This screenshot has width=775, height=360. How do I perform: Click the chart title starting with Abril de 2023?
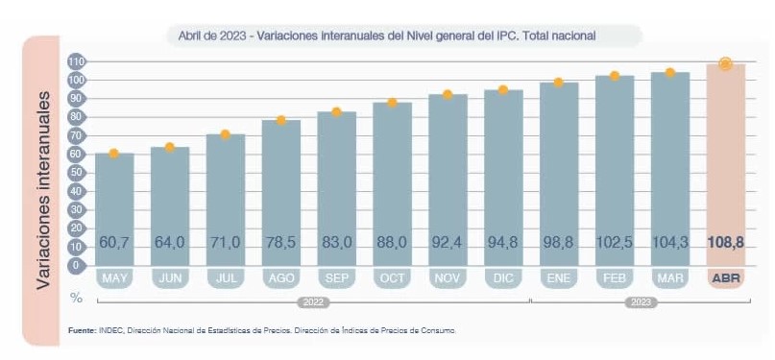[x=386, y=36]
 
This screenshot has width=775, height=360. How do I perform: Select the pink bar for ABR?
[x=726, y=164]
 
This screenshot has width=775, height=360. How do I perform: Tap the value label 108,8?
[x=726, y=242]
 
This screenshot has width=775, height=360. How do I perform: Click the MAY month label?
[x=114, y=278]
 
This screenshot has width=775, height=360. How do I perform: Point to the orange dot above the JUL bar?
[x=226, y=134]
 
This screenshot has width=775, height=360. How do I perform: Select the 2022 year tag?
[x=313, y=302]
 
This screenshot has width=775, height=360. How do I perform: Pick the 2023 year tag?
[x=641, y=302]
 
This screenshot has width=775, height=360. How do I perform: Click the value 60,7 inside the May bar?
[x=114, y=243]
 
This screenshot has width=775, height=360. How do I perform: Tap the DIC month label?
[x=503, y=278]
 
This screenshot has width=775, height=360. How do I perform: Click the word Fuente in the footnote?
[x=82, y=330]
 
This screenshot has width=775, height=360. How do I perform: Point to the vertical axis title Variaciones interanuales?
[x=43, y=190]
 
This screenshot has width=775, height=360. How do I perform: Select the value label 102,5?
[x=615, y=243]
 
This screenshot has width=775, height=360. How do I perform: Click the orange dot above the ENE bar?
[x=559, y=83]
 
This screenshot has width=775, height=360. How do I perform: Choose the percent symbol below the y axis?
[x=76, y=298]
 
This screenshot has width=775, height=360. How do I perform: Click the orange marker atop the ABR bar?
[x=726, y=63]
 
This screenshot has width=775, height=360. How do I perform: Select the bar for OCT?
[x=393, y=184]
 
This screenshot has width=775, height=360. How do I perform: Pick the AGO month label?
[x=281, y=278]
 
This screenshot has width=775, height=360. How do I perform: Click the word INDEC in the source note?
[x=110, y=330]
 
